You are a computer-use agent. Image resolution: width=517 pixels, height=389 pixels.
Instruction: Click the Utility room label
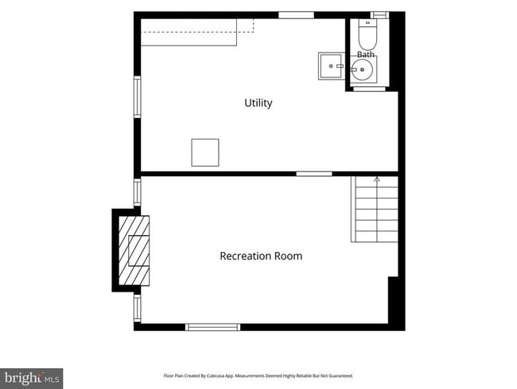[258, 103]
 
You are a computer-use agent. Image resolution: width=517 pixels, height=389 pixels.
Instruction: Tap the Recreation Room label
[261, 256]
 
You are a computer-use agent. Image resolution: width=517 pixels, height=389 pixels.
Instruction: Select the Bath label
[366, 54]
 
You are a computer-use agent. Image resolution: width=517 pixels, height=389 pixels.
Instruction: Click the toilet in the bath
[367, 35]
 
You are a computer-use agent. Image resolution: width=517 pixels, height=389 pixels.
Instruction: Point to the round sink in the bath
[362, 69]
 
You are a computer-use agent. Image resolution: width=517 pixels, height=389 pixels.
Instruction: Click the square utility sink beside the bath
[331, 66]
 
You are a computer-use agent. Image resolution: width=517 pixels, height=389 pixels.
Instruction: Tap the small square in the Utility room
[205, 152]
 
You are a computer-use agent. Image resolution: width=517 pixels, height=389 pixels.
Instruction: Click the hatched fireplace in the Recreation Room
[134, 250]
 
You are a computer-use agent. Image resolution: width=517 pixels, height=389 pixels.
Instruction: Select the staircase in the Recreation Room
[375, 209]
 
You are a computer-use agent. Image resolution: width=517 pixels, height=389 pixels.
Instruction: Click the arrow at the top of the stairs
[377, 180]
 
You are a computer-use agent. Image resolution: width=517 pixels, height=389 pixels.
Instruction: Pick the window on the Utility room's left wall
[137, 96]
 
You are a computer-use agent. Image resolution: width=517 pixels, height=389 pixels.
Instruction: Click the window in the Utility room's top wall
[296, 15]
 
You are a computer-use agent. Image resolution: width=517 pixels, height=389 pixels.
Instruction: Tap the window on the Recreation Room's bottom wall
[212, 327]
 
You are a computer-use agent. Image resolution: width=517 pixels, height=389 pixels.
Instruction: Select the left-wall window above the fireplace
[137, 192]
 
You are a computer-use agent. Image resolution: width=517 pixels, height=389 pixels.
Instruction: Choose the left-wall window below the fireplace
[137, 308]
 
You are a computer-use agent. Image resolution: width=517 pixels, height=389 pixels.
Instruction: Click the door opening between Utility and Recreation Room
[314, 174]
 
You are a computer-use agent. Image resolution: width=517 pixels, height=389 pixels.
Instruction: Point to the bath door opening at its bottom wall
[369, 88]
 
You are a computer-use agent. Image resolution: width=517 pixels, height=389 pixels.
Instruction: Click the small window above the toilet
[379, 15]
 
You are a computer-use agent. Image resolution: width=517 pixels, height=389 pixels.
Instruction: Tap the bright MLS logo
[31, 379]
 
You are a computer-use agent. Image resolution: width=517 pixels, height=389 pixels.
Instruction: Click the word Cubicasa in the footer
[213, 375]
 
